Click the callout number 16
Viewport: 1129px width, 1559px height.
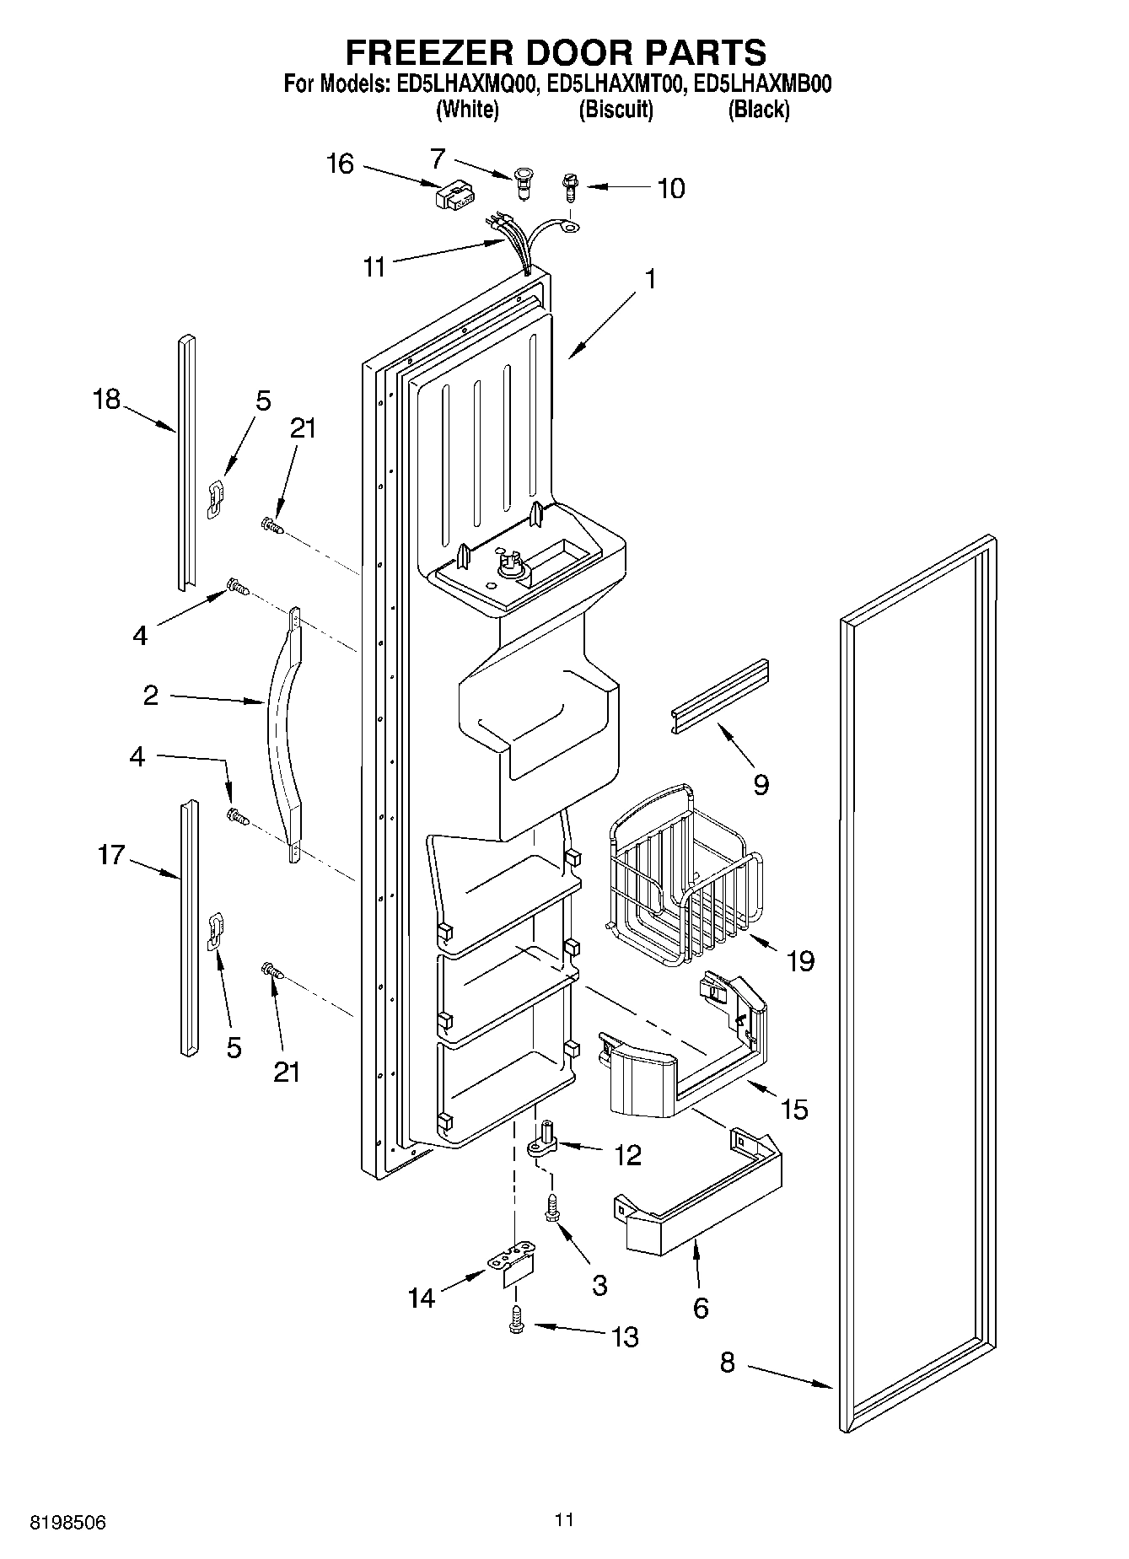(340, 164)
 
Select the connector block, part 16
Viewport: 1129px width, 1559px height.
(451, 198)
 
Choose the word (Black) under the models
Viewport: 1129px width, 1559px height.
(758, 110)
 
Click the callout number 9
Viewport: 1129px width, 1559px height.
(760, 786)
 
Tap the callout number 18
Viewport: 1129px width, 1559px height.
(106, 399)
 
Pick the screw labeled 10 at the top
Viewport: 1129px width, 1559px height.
(569, 186)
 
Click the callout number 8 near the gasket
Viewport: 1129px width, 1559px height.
(727, 1362)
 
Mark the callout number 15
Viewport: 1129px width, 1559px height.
(794, 1109)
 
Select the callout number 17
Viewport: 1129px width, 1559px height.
(110, 855)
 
